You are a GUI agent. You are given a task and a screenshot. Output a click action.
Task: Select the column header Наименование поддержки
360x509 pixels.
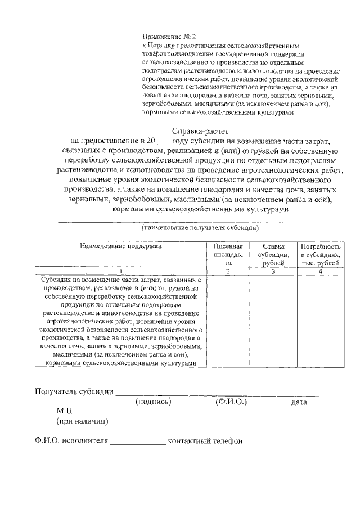pyautogui.click(x=120, y=246)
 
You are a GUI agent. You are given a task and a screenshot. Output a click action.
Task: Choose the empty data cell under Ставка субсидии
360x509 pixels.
pyautogui.click(x=273, y=321)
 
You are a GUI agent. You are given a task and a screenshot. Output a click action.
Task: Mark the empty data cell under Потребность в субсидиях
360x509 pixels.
pyautogui.click(x=319, y=321)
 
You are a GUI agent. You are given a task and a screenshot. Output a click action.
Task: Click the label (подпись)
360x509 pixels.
pyautogui.click(x=154, y=402)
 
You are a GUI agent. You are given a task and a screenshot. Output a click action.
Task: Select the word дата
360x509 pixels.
pyautogui.click(x=299, y=403)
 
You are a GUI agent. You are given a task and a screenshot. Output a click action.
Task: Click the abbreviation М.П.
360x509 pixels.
pyautogui.click(x=65, y=412)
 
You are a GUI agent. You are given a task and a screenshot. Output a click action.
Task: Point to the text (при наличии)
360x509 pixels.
pyautogui.click(x=82, y=421)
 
